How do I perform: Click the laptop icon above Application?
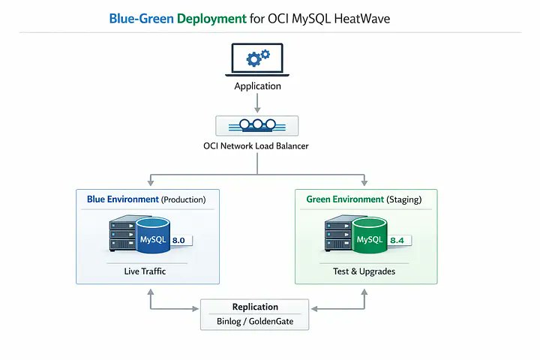click(x=257, y=59)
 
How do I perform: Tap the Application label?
click(x=257, y=86)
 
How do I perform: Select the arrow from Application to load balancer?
click(x=257, y=103)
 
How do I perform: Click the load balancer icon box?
click(x=257, y=126)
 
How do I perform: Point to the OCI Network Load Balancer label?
click(x=256, y=146)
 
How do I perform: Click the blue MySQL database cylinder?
click(x=152, y=235)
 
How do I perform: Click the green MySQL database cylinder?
click(x=369, y=235)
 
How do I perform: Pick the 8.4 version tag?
click(x=400, y=241)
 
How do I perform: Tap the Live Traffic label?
click(x=145, y=271)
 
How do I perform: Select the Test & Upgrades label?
click(x=364, y=271)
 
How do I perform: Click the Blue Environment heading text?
click(x=122, y=199)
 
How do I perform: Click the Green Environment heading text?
click(x=345, y=199)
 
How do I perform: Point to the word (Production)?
click(x=183, y=199)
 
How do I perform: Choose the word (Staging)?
click(x=404, y=199)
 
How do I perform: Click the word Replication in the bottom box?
click(x=255, y=307)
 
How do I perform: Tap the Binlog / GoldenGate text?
click(x=255, y=322)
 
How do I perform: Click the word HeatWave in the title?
click(x=362, y=19)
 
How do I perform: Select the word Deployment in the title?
click(x=211, y=19)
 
